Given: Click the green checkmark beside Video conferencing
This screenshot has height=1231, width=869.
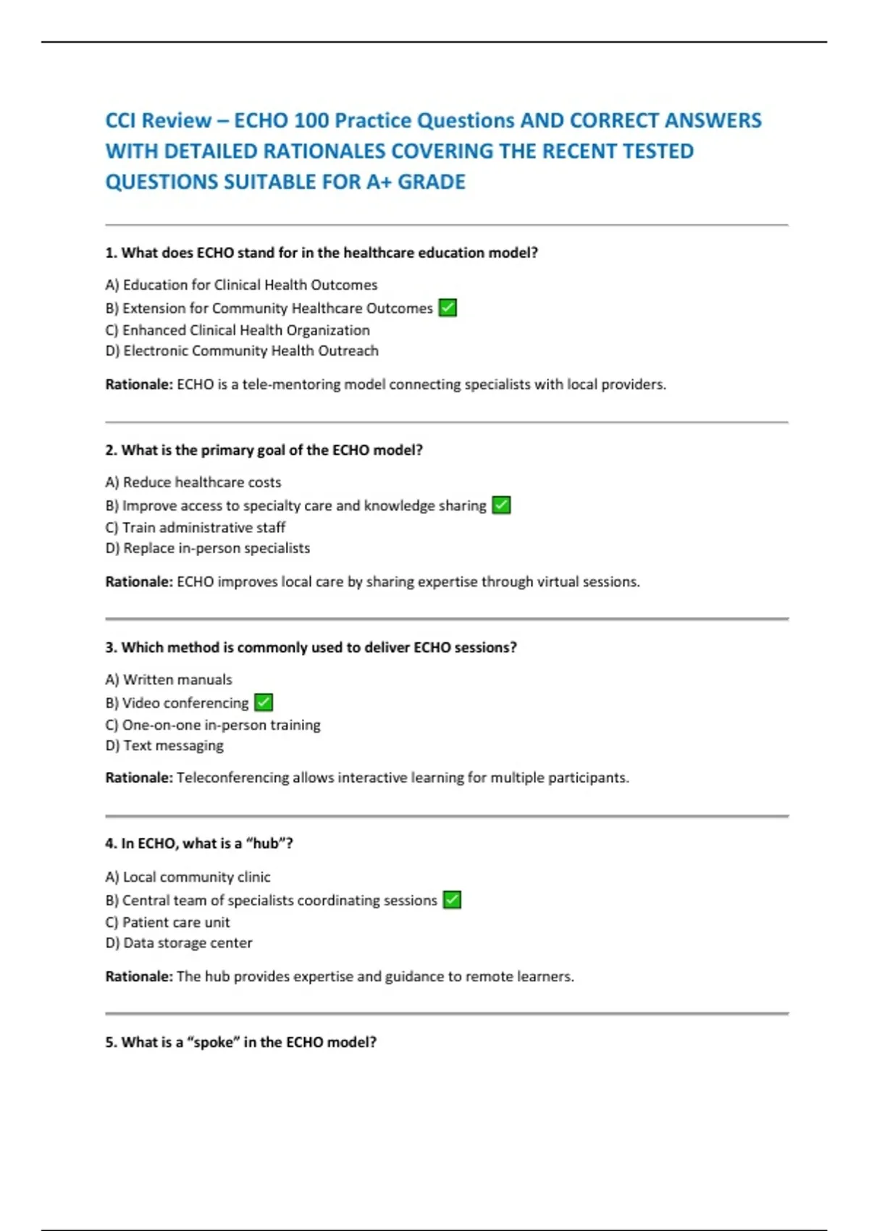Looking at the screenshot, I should [x=264, y=702].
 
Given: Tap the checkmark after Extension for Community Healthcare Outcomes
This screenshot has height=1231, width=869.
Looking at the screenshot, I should [x=448, y=308].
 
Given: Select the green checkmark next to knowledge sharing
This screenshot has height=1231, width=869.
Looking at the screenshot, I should [x=501, y=505].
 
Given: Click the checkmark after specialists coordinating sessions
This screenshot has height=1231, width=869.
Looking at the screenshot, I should [x=452, y=900].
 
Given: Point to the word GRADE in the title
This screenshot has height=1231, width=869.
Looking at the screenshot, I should [x=432, y=182].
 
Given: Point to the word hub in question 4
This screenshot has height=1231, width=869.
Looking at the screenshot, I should [x=266, y=844].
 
